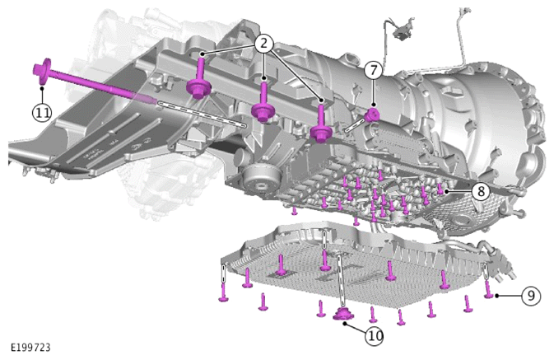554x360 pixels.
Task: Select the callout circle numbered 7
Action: point(374,70)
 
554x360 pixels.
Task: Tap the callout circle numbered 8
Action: point(482,191)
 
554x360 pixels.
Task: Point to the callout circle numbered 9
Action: point(531,295)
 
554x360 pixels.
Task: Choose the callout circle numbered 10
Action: point(375,335)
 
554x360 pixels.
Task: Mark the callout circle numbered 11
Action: point(42,113)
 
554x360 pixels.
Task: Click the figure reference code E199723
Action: point(30,348)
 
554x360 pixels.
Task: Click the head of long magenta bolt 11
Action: point(42,72)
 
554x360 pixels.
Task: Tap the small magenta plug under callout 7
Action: point(372,115)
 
